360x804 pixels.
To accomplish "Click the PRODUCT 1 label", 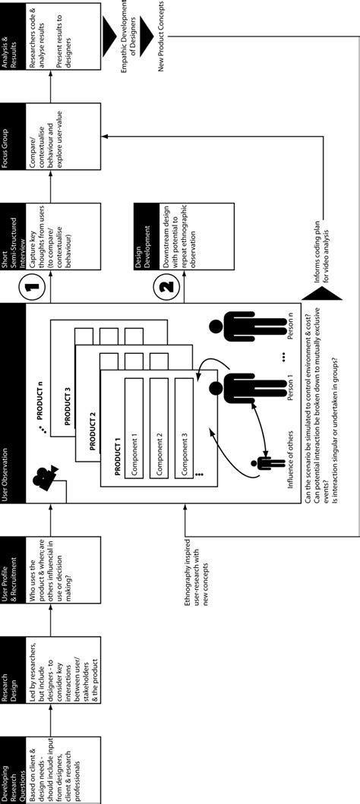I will pyautogui.click(x=116, y=456).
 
